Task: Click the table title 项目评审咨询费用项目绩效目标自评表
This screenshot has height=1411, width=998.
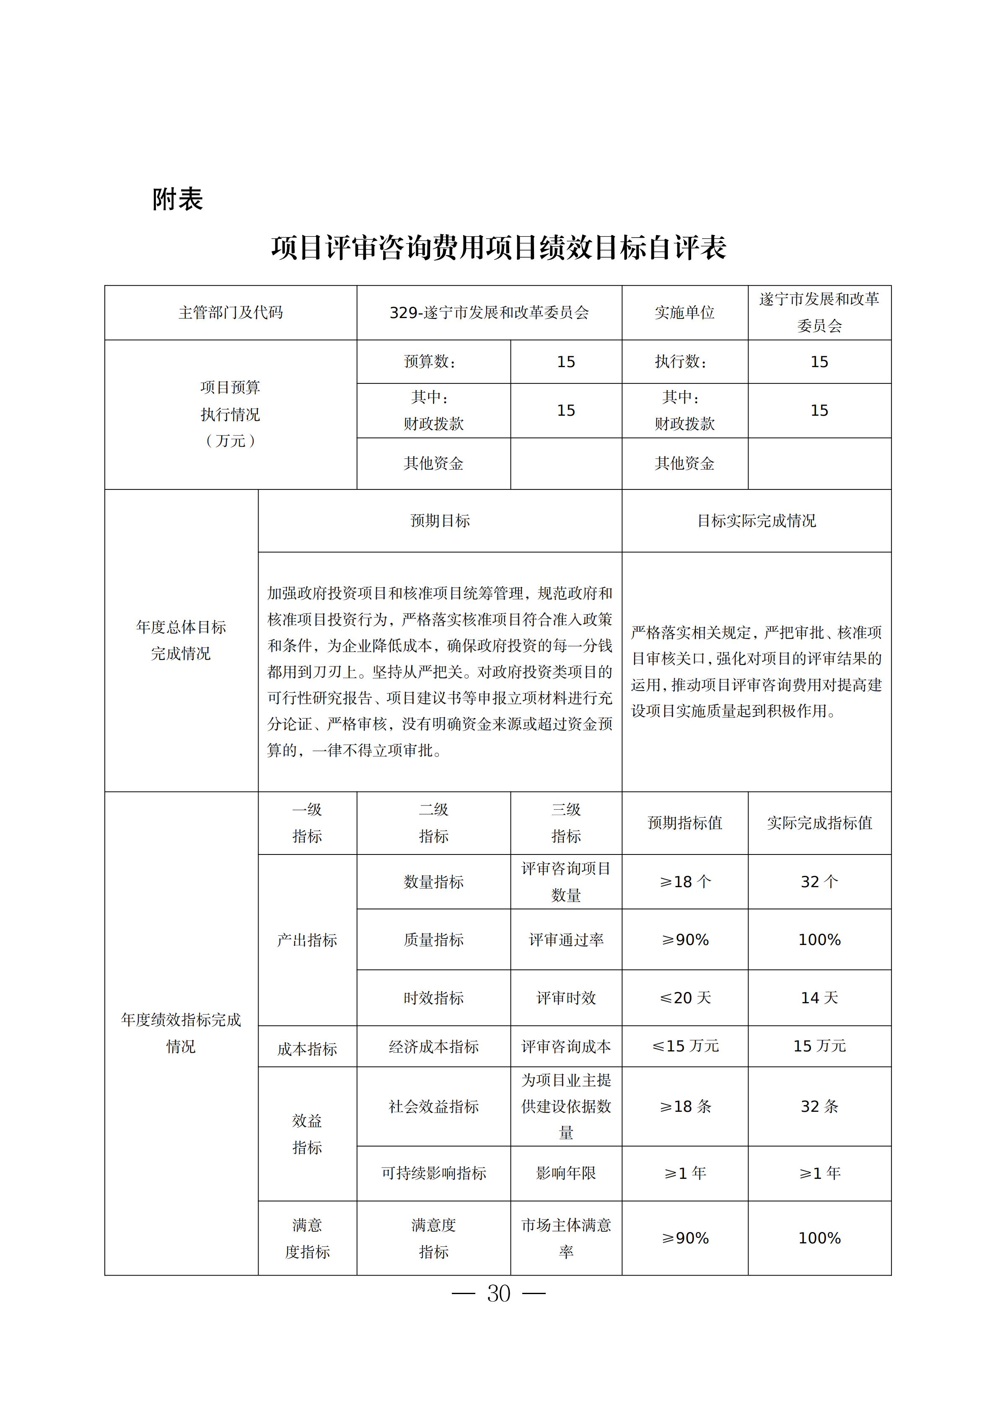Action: [498, 248]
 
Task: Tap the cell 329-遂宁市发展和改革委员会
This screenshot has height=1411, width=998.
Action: [489, 313]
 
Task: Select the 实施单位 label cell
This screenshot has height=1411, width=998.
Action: [684, 313]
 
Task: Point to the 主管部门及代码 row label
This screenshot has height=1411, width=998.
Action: [231, 313]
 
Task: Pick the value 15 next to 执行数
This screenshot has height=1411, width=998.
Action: [819, 362]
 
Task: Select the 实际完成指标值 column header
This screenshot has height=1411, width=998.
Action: [819, 823]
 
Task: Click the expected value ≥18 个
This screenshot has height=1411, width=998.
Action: [684, 882]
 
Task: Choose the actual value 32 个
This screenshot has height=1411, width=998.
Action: [819, 882]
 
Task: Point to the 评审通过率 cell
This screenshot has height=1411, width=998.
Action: [565, 940]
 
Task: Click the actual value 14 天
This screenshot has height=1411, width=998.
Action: [819, 998]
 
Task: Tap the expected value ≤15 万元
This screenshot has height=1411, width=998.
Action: [684, 1046]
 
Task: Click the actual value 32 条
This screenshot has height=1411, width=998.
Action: [819, 1107]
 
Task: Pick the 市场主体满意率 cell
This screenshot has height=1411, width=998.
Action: [565, 1238]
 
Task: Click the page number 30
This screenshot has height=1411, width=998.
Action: [498, 1294]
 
